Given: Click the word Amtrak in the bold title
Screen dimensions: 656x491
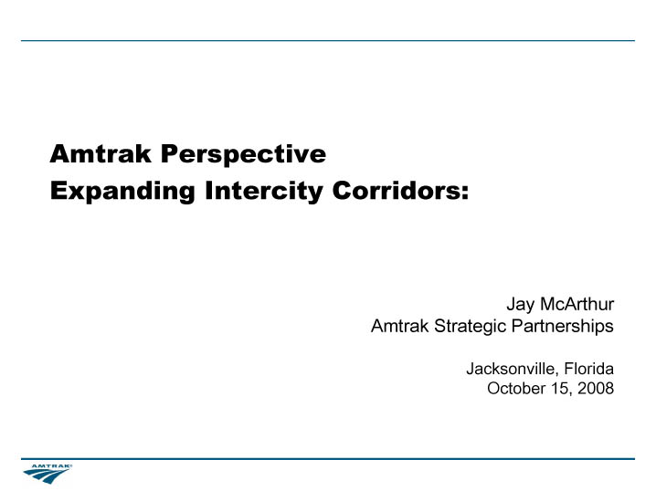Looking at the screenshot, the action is [x=101, y=153].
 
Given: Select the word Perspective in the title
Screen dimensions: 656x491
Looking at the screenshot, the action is [x=244, y=155].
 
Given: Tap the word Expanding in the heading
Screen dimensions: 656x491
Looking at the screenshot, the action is [x=122, y=192].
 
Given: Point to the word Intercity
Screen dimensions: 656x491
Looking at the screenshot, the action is [x=264, y=192].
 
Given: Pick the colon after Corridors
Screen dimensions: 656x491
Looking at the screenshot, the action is [x=464, y=193].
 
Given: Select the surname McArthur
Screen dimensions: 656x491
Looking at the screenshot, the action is [x=577, y=304].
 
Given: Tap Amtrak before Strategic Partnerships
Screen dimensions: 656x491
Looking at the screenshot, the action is [x=399, y=326].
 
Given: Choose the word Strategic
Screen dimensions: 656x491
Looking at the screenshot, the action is [x=471, y=327].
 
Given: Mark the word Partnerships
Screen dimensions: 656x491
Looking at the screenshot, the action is [x=563, y=327].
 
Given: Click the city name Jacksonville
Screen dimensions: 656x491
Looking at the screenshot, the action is [x=512, y=369].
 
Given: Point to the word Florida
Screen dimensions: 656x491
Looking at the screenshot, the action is [x=589, y=368].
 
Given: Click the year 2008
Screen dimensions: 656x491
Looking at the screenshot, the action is [x=596, y=388].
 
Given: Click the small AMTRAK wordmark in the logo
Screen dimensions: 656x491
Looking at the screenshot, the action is [x=52, y=466].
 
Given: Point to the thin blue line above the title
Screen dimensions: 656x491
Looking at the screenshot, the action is [x=328, y=40].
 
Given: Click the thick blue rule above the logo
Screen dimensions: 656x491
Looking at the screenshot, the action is [x=328, y=459].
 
